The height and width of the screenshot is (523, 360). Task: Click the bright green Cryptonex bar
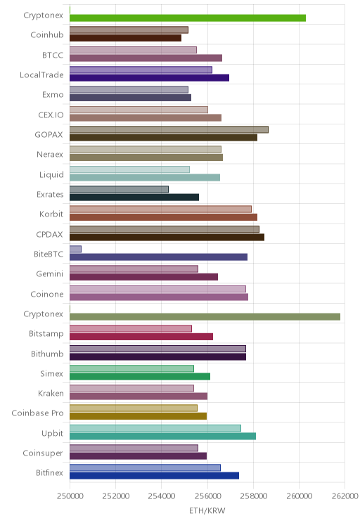188,18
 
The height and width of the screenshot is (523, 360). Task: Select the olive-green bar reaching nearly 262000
205,317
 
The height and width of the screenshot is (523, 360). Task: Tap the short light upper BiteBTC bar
75,249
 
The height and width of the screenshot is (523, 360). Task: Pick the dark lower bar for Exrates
134,198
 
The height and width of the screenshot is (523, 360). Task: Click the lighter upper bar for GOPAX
169,130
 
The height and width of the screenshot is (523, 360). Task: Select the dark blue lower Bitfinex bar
154,476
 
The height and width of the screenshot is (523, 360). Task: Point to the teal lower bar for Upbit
163,437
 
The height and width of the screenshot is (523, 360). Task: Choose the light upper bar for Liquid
129,169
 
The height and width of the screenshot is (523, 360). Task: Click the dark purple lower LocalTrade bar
150,78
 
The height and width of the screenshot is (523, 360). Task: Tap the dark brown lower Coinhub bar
125,38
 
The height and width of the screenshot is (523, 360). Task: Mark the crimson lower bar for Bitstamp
141,337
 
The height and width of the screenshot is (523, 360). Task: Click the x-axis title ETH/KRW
207,510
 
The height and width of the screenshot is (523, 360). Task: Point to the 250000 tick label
70,496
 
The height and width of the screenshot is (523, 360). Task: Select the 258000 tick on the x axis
254,496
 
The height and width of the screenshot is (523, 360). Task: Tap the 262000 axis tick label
345,496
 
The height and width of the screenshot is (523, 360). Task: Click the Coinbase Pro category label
37,413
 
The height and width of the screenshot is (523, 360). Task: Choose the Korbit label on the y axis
51,214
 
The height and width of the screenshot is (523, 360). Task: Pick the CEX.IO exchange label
51,115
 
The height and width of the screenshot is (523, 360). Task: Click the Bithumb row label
47,354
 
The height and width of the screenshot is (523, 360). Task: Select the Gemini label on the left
50,274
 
